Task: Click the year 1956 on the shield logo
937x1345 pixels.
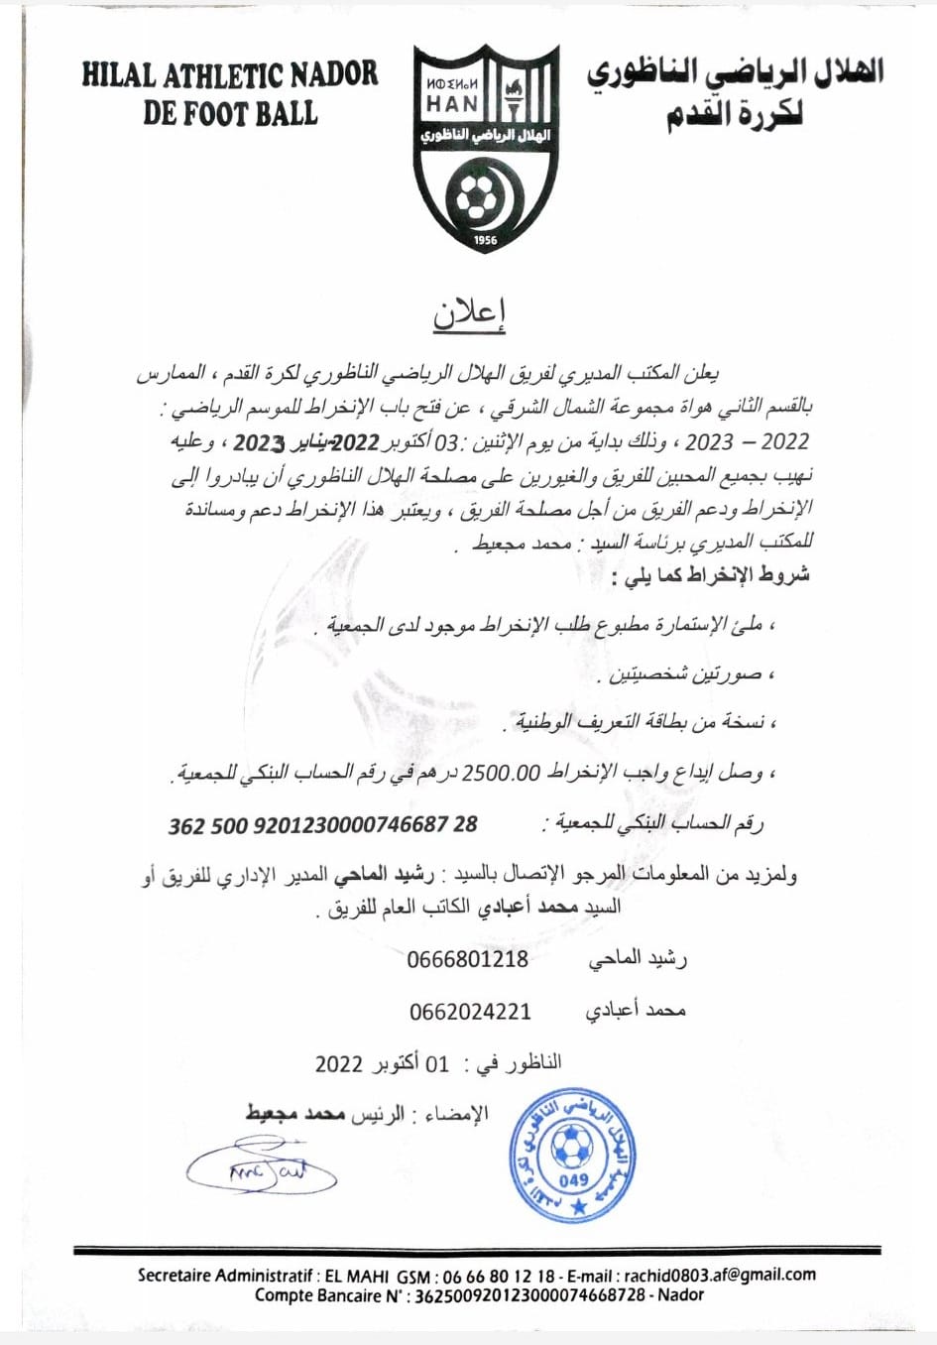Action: (x=485, y=240)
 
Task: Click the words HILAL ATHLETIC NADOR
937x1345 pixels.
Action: (x=229, y=75)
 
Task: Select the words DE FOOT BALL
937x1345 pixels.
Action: (x=229, y=113)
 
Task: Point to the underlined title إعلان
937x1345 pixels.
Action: (x=469, y=312)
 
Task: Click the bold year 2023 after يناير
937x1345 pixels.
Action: (x=259, y=442)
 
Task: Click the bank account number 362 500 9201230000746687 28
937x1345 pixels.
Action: (x=322, y=825)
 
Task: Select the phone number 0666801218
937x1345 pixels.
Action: (x=467, y=959)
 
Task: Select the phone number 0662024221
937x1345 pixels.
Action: (x=470, y=1012)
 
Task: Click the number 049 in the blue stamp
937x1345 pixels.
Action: (x=573, y=1180)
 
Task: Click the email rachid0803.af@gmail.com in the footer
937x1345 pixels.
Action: (x=720, y=1276)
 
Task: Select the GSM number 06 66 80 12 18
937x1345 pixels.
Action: (x=499, y=1277)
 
